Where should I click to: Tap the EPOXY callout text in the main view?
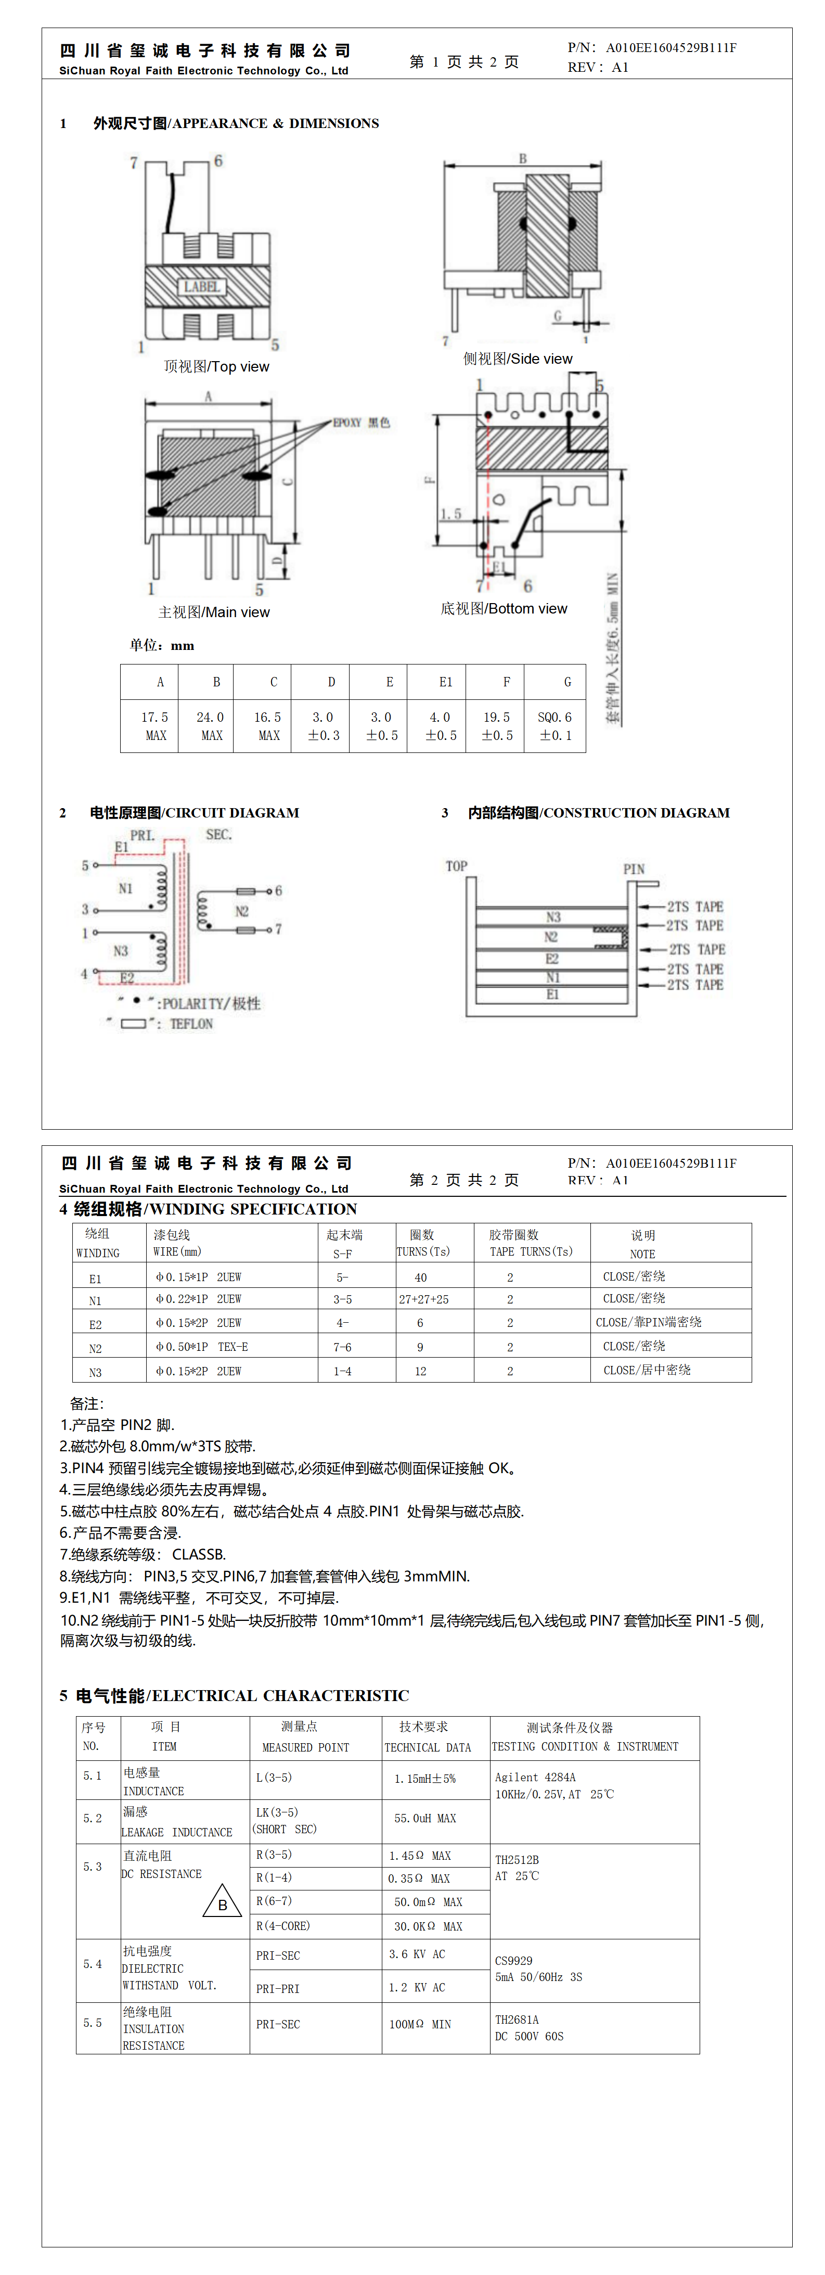click(360, 423)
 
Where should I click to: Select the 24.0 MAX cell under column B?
click(210, 726)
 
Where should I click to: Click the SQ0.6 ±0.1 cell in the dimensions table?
click(555, 726)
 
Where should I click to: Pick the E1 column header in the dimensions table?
click(445, 682)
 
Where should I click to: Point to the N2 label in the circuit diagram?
click(241, 912)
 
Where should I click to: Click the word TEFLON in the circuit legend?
click(191, 1024)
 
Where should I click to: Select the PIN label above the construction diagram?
click(634, 869)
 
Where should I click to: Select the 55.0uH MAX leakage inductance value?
click(425, 1819)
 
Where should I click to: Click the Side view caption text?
click(518, 359)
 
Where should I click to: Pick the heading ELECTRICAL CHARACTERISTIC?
click(280, 1696)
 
